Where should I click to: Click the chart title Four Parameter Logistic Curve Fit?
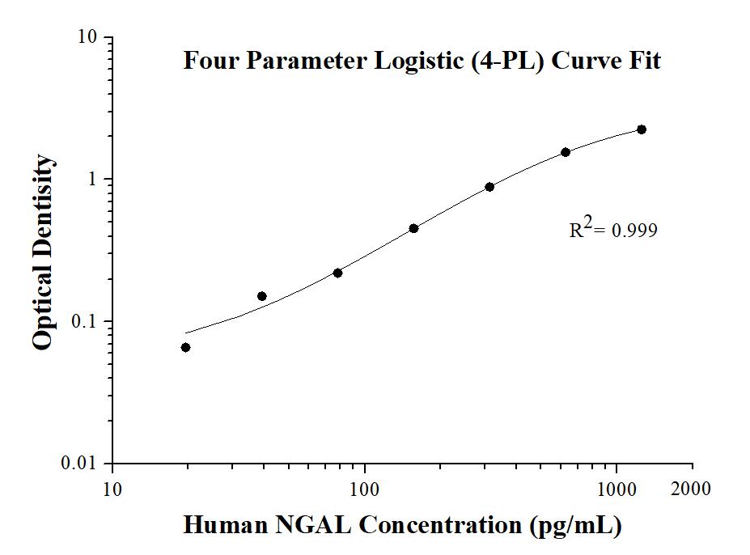coord(422,61)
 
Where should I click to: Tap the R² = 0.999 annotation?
coord(613,231)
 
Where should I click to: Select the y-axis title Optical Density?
coord(45,252)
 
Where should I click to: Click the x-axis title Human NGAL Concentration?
coord(402,525)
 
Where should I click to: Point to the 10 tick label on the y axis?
coord(87,38)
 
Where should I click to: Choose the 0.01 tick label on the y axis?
coord(81,464)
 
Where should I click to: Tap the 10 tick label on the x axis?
coord(112,489)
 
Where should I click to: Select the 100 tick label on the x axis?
coord(365,489)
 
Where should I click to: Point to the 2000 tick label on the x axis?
coord(693,489)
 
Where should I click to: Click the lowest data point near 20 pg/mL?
coord(185,347)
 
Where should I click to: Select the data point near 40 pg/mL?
coord(261,296)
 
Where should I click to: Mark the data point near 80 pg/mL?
coord(337,273)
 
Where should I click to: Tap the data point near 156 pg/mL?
coord(413,228)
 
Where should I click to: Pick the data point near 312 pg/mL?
coord(489,187)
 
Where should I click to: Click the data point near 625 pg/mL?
coord(566,152)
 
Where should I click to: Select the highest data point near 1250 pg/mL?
coord(642,129)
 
